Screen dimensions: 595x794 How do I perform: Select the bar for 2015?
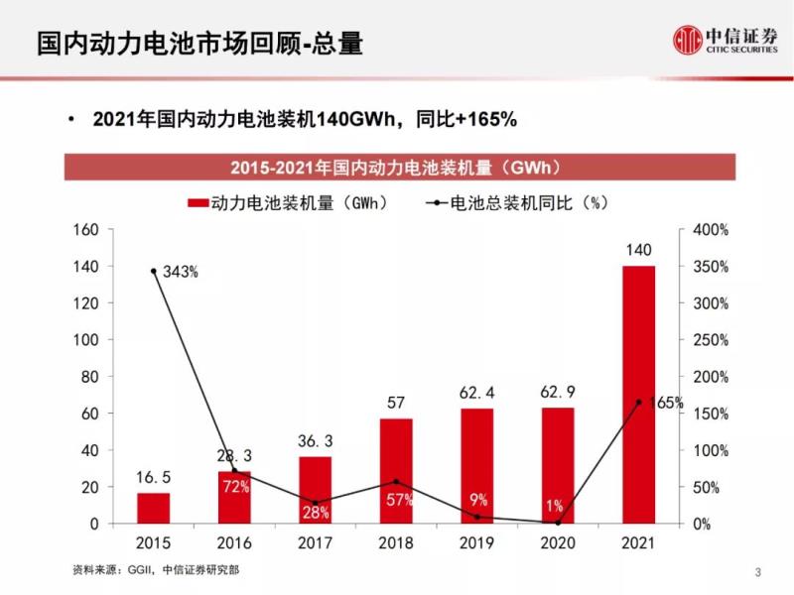coord(154,508)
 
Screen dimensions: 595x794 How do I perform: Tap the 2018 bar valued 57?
coord(396,470)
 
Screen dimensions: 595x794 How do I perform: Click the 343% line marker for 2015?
coord(154,271)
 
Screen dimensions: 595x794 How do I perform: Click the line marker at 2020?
coord(558,523)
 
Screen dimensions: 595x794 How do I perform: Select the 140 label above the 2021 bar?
coord(639,250)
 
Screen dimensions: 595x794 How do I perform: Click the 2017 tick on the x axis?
coord(316,543)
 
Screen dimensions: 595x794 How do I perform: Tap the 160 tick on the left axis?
coord(86,230)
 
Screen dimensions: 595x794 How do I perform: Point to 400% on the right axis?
coord(711,230)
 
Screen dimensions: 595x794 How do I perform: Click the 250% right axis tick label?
coord(711,340)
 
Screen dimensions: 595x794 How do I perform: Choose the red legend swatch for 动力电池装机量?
coord(197,203)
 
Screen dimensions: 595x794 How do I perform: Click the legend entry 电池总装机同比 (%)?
coord(516,203)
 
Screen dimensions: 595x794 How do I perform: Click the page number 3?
coord(758,572)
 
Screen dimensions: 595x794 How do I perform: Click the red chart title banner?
coord(397,166)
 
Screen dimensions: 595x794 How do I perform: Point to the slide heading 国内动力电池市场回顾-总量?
coord(198,43)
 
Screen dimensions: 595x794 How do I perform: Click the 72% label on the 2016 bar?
coord(235,487)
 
